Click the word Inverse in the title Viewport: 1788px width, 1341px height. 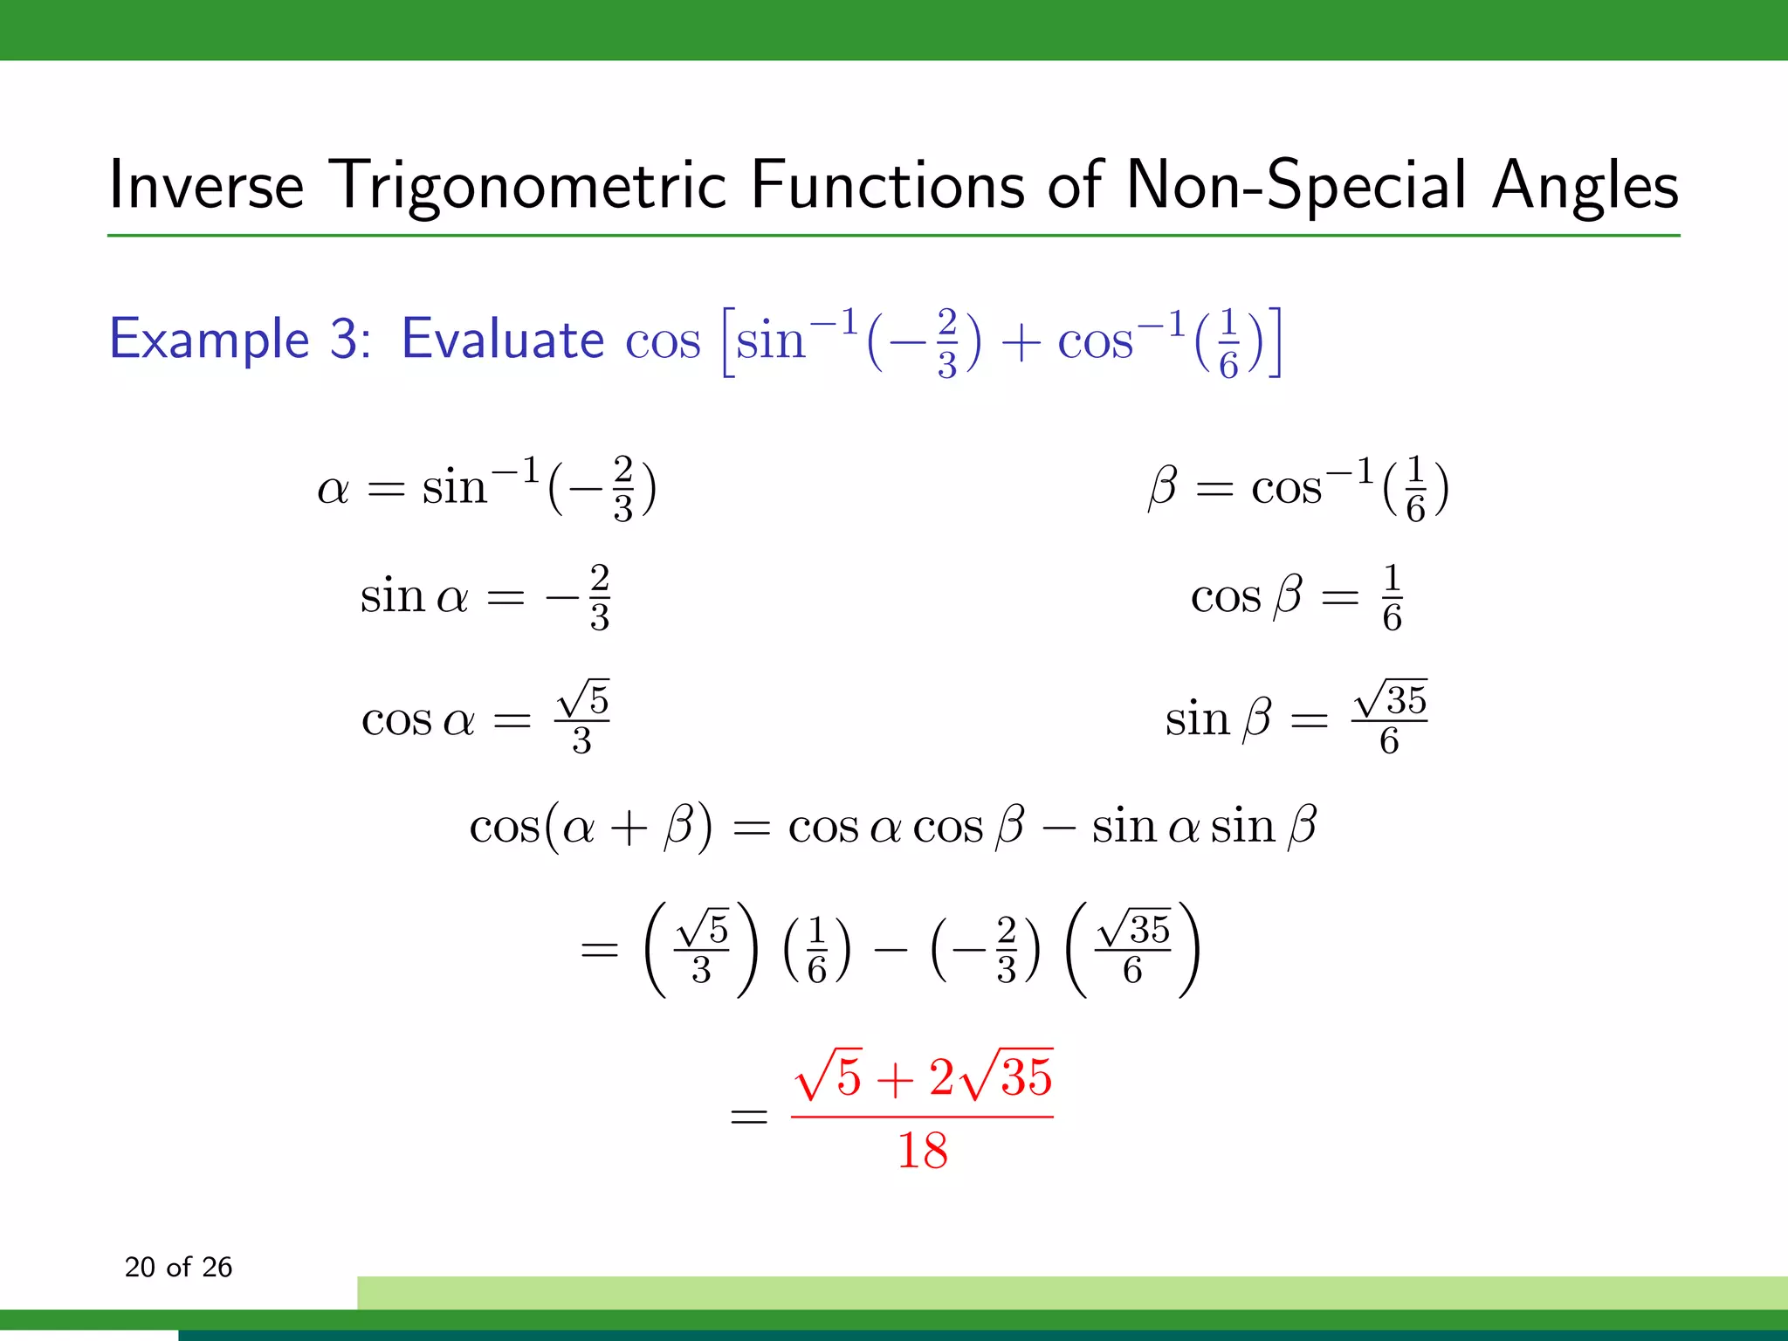pos(206,185)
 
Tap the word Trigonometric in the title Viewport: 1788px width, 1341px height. pos(530,185)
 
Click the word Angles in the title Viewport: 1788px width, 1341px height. pos(1585,185)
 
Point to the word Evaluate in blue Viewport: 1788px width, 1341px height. pos(502,339)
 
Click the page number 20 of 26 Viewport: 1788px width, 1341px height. pos(178,1267)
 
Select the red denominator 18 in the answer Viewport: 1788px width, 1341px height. pos(922,1151)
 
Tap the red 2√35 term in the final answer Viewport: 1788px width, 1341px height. pos(991,1076)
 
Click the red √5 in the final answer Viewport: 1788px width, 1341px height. pos(829,1076)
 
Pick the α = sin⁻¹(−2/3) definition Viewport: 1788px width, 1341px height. pos(486,487)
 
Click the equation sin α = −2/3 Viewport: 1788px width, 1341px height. pos(485,598)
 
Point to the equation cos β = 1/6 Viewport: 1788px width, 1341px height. pos(1297,598)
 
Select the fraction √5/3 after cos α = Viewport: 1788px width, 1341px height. pos(581,718)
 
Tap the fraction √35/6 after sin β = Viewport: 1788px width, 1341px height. pos(1389,718)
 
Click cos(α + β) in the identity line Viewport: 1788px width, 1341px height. pos(590,826)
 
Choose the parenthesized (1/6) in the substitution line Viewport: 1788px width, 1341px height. pos(816,950)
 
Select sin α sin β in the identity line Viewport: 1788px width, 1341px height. pos(1204,826)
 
